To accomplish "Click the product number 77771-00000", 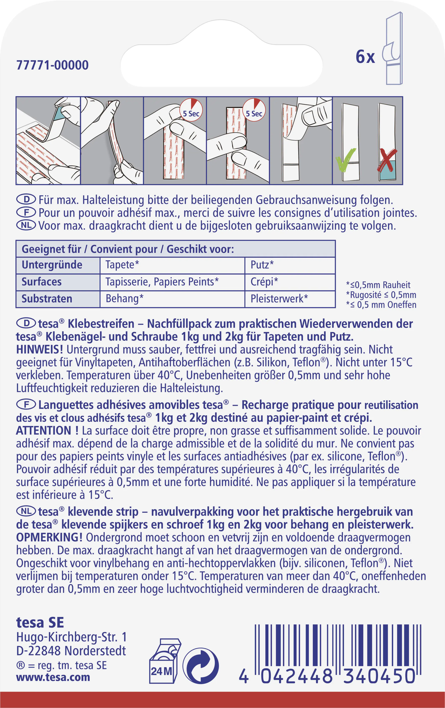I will click(52, 65).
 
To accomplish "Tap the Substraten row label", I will click(47, 299).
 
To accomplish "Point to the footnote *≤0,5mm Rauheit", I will click(378, 285).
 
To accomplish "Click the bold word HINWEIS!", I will click(40, 350).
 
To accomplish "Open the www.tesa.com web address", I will click(53, 677).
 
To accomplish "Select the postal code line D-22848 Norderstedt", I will click(71, 651).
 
